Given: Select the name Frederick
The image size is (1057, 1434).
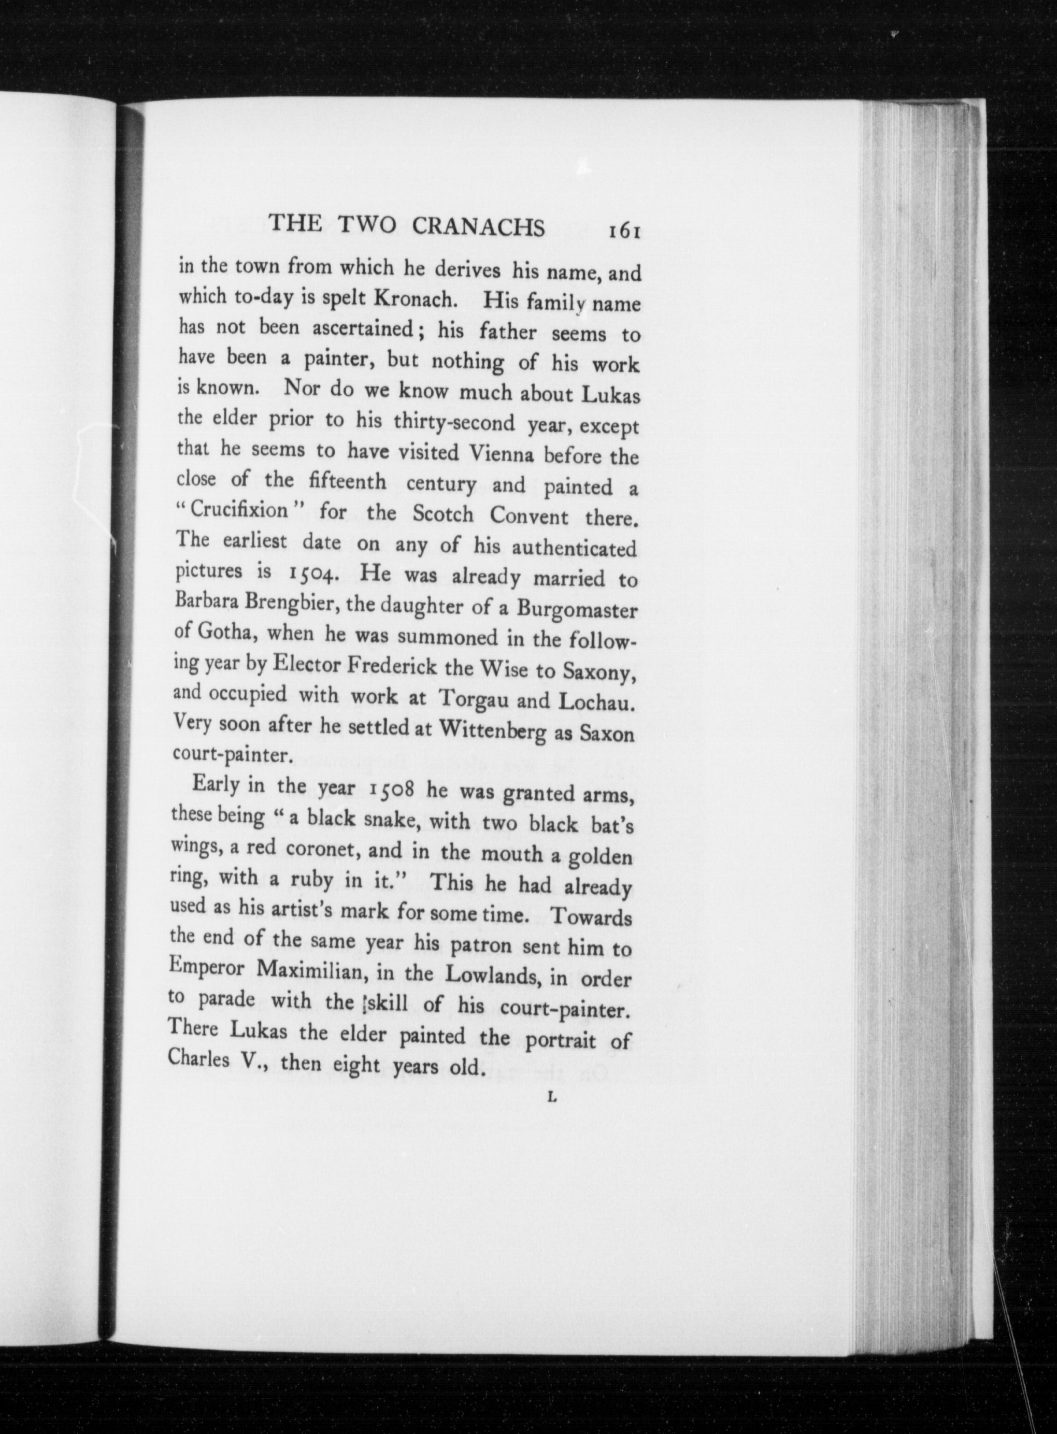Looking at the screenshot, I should (392, 666).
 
